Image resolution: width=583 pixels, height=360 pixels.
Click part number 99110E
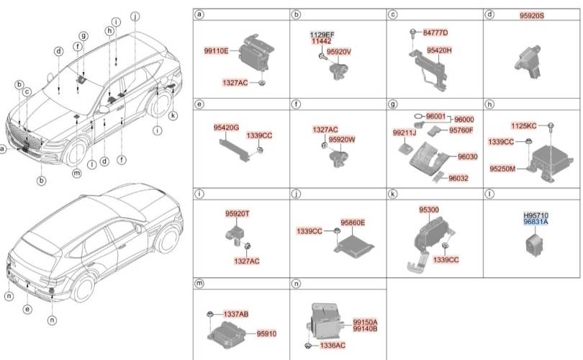216,51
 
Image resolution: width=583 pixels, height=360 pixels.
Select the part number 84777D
435,32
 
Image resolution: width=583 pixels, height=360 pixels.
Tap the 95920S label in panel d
532,16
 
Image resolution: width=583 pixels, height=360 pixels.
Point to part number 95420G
226,127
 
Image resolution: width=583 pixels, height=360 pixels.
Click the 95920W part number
342,140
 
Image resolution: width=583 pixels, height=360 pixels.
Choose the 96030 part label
467,156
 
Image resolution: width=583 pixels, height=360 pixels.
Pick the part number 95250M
502,169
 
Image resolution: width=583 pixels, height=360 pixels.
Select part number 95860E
353,222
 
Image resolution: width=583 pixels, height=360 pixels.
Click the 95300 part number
429,210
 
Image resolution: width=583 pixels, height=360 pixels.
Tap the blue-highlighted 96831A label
535,222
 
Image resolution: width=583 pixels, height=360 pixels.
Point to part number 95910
266,333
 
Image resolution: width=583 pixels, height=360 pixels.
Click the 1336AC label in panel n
333,346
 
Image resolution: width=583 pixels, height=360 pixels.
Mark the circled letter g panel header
393,104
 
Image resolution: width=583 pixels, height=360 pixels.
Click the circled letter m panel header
199,284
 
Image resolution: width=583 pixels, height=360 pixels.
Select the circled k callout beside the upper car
173,116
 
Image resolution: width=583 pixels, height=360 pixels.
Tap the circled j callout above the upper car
135,16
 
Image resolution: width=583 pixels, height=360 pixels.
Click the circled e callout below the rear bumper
27,309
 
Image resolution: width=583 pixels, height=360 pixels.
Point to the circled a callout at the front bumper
3,150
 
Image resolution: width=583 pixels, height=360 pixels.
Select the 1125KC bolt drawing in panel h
551,127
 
